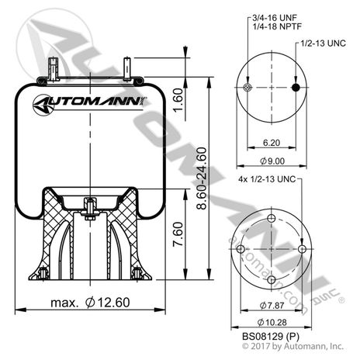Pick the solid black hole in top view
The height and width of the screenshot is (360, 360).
pos(294,88)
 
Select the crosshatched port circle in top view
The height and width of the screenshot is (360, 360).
pos(247,88)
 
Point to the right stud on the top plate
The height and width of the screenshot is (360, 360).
pos(127,66)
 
